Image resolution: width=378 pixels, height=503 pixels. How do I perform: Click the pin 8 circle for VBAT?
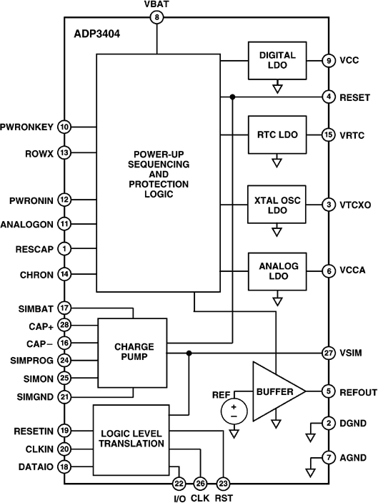(x=156, y=17)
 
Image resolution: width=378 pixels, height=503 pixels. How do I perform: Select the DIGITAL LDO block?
(x=277, y=60)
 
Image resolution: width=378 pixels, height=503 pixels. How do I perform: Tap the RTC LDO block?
(x=277, y=135)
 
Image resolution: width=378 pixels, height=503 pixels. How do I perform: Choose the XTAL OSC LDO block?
(x=277, y=205)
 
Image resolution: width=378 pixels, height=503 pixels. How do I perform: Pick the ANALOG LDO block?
(x=277, y=271)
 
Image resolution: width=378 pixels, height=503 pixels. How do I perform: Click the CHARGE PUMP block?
(x=132, y=353)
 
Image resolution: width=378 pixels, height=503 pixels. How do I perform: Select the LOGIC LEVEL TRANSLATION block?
(x=131, y=440)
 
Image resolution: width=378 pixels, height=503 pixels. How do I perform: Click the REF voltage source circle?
(x=234, y=411)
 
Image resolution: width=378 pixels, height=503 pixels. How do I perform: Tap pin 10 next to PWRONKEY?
(x=64, y=127)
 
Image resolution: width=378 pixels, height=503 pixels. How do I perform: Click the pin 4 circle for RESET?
(x=329, y=97)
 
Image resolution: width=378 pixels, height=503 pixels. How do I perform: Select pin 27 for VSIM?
(x=329, y=353)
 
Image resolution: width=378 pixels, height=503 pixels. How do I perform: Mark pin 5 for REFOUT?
(x=329, y=391)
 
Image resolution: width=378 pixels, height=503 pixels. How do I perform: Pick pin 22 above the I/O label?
(x=179, y=484)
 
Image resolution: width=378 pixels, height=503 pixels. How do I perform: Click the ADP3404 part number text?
(x=96, y=34)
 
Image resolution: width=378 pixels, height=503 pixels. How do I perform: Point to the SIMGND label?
(x=35, y=397)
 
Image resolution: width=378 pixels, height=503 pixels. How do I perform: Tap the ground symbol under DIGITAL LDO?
(x=277, y=87)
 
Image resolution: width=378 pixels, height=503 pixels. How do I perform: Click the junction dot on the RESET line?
(x=232, y=97)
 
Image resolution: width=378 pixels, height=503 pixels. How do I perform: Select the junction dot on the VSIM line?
(x=189, y=353)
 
